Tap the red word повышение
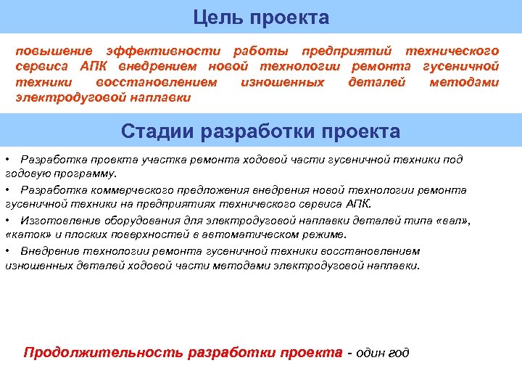click(x=54, y=51)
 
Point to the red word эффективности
click(x=162, y=51)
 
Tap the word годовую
click(x=27, y=174)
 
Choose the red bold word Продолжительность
click(x=104, y=353)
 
